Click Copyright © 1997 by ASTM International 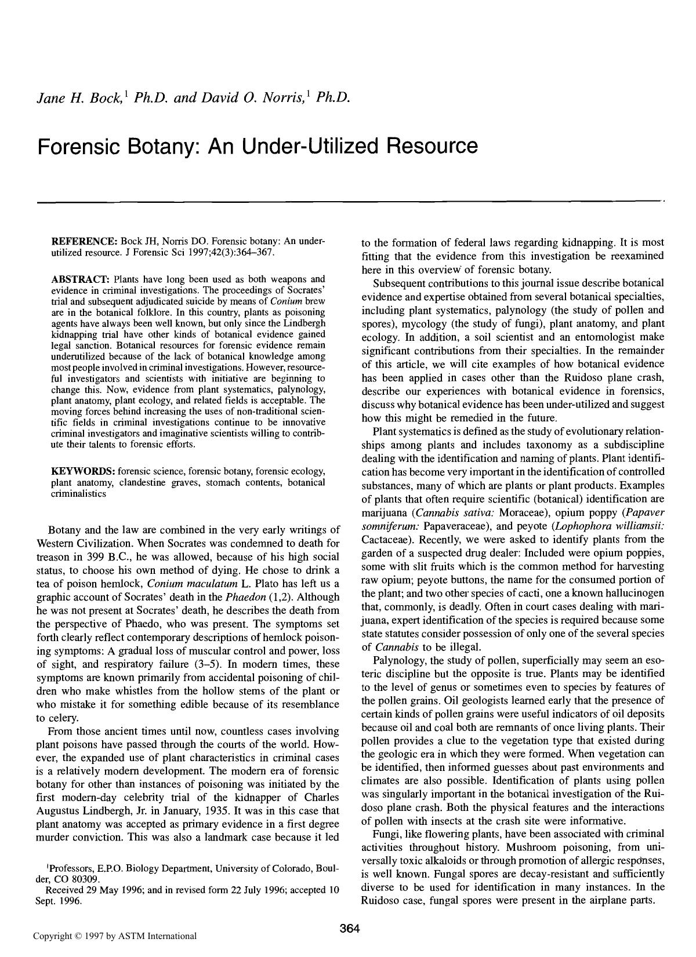click(x=115, y=936)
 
